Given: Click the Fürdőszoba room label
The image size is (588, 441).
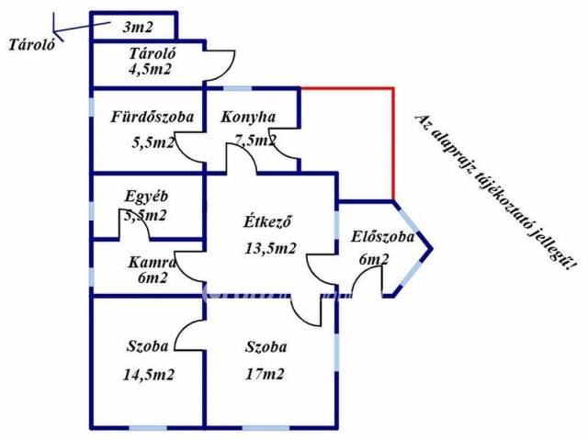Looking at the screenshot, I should click(152, 118).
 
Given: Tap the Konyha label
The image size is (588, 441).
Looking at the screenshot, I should click(248, 118).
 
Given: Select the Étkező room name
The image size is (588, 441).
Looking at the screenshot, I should click(267, 221).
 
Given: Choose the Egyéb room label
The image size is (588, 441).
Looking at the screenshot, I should click(147, 196).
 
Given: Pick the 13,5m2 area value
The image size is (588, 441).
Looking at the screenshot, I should click(270, 247).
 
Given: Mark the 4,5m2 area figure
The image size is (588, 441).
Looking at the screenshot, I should click(151, 68).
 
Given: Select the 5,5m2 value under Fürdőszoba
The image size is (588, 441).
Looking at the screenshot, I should click(153, 142).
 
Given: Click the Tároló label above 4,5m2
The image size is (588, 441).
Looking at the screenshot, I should click(151, 52).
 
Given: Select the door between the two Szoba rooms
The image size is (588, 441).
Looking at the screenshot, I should click(190, 334).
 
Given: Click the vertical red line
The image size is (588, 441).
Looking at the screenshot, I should click(393, 142).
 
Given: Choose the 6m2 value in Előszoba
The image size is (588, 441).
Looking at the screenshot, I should click(372, 260).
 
